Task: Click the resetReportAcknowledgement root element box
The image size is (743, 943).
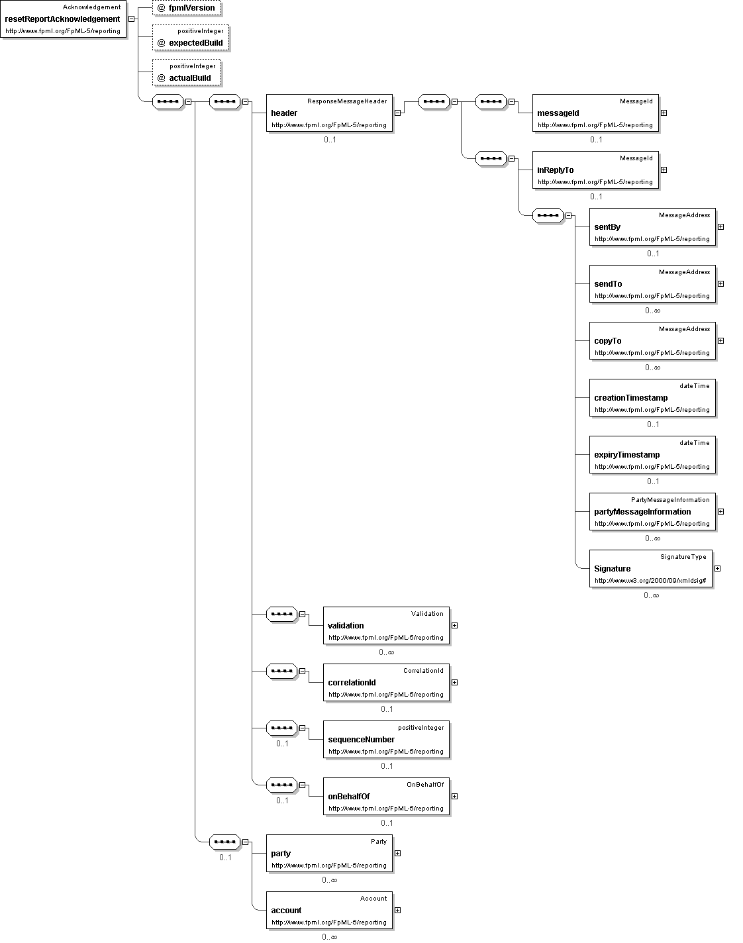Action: pyautogui.click(x=64, y=19)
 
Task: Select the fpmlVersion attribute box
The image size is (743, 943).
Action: pyautogui.click(x=187, y=7)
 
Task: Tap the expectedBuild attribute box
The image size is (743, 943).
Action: pyautogui.click(x=191, y=37)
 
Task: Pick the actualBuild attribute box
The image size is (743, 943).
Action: pyautogui.click(x=187, y=72)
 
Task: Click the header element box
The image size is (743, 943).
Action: pyautogui.click(x=329, y=113)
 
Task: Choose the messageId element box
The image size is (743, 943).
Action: pyautogui.click(x=595, y=113)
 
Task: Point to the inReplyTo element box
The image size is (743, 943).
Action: pyautogui.click(x=595, y=170)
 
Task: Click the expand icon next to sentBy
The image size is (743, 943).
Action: pyautogui.click(x=720, y=227)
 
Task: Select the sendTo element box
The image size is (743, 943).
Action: pyautogui.click(x=652, y=284)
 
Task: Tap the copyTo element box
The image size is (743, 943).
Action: pyautogui.click(x=652, y=341)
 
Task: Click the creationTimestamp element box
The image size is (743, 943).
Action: pyautogui.click(x=652, y=398)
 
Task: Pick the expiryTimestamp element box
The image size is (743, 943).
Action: pyautogui.click(x=652, y=455)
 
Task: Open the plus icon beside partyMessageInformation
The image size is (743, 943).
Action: pyautogui.click(x=720, y=512)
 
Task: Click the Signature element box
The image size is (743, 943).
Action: pyautogui.click(x=650, y=569)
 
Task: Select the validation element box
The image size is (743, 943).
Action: pyautogui.click(x=386, y=626)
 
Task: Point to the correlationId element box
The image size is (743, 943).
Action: pyautogui.click(x=386, y=683)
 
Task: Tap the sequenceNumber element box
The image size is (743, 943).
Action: pyautogui.click(x=386, y=740)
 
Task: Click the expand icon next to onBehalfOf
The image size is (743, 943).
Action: pyautogui.click(x=454, y=797)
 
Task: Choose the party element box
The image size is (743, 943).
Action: pyautogui.click(x=329, y=854)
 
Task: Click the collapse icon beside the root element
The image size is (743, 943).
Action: pyautogui.click(x=131, y=19)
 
